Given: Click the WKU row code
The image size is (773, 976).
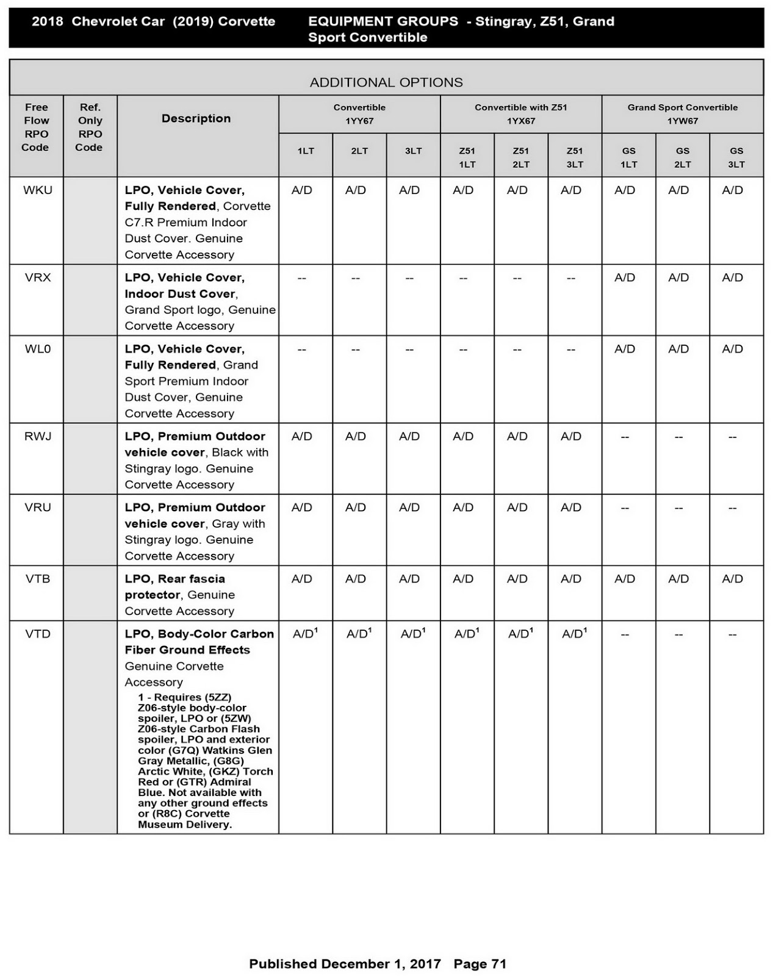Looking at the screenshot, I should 37,190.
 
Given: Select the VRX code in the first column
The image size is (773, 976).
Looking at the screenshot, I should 37,278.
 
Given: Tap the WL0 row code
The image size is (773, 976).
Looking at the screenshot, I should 37,349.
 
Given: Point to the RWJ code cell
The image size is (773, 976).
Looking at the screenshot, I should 37,436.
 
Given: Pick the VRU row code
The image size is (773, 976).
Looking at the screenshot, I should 37,508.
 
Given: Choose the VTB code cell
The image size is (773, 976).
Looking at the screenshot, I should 37,579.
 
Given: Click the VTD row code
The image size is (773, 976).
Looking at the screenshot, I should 37,634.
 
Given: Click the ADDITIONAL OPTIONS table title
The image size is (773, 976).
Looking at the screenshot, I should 386,82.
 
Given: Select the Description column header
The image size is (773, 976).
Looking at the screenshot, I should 196,118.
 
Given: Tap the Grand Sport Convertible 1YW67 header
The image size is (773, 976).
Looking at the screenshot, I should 682,114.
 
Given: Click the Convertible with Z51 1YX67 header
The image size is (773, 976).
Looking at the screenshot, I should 520,114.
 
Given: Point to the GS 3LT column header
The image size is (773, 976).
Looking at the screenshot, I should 736,157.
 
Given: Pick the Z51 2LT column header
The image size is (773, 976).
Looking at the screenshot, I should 520,157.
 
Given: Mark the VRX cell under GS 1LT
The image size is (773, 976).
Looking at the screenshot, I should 625,278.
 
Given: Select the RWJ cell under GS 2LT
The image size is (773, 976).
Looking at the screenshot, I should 678,437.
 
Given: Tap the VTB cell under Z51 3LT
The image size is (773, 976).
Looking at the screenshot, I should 571,579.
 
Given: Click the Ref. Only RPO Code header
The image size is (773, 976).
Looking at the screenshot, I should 90,127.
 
